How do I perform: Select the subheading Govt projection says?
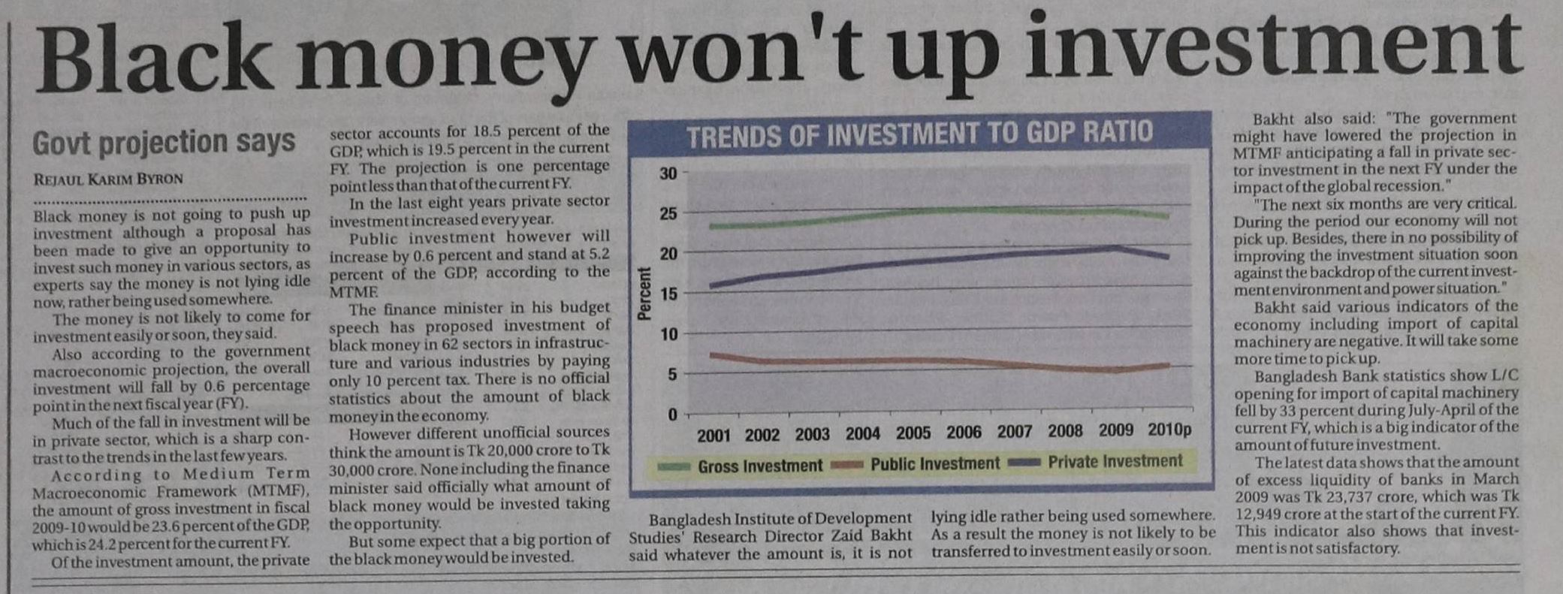click(163, 142)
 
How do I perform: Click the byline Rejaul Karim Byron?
click(108, 179)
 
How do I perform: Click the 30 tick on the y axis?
click(668, 173)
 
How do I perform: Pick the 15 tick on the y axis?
click(668, 294)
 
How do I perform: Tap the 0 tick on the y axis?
click(672, 415)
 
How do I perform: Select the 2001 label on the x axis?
click(713, 435)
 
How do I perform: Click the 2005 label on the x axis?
click(913, 433)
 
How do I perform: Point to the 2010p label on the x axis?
click(1169, 430)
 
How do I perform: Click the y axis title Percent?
click(644, 294)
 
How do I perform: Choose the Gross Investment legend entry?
click(759, 466)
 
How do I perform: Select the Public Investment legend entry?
click(934, 464)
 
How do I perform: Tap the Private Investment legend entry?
click(1115, 462)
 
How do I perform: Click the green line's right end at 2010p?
click(1168, 216)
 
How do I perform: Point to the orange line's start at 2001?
click(712, 354)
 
